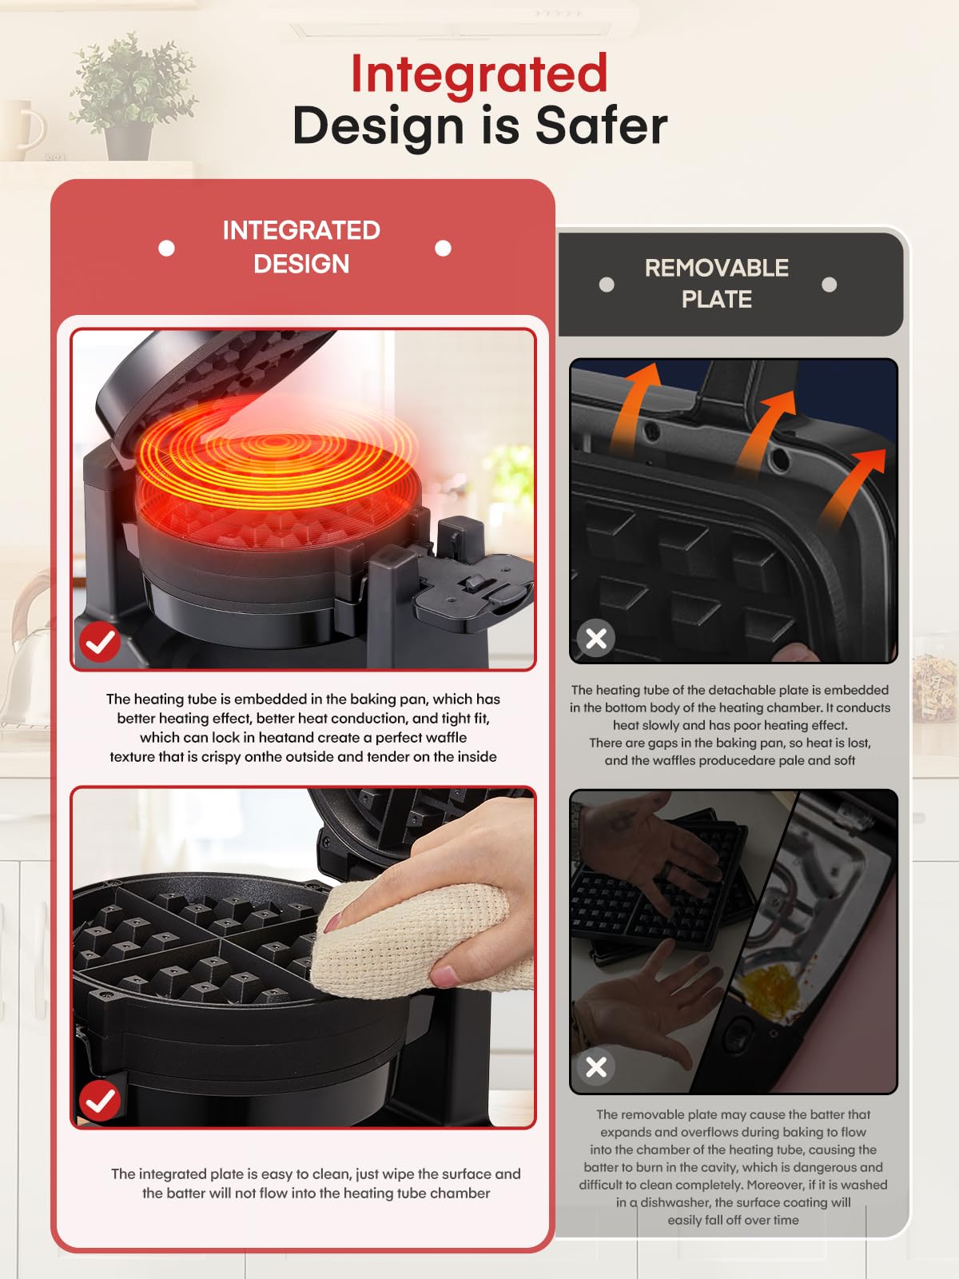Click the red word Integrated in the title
(479, 74)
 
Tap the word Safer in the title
(601, 126)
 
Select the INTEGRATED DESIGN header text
(301, 247)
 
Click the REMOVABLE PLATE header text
(716, 283)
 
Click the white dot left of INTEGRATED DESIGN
(166, 248)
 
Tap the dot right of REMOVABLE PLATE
(829, 285)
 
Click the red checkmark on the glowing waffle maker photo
(100, 641)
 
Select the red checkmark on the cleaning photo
(100, 1101)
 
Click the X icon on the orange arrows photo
(596, 638)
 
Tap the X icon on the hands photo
(596, 1066)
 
